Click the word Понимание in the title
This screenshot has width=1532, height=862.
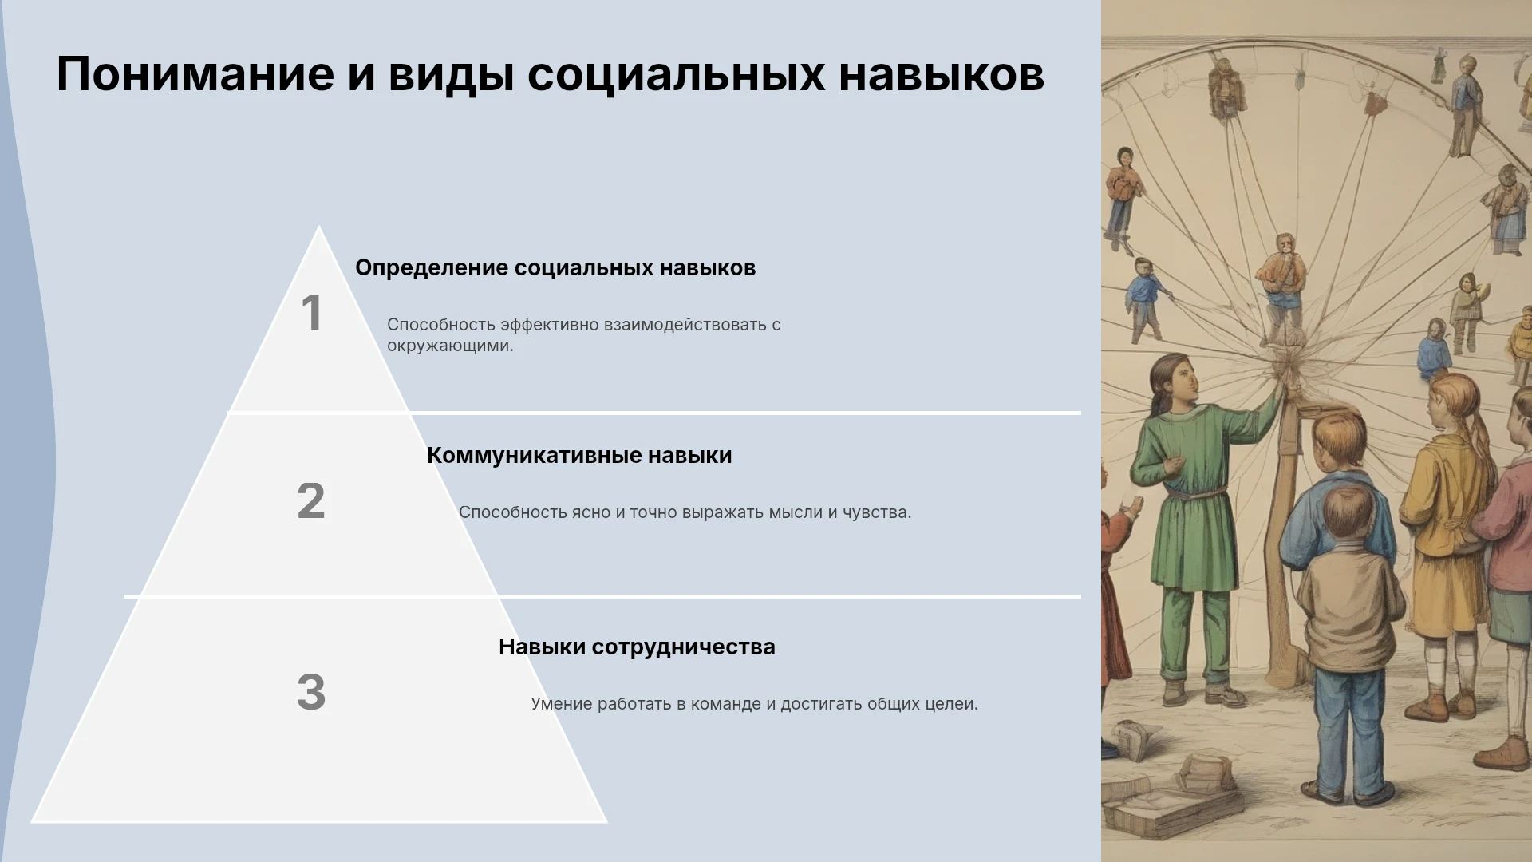pos(195,75)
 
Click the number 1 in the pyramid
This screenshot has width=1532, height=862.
pos(311,313)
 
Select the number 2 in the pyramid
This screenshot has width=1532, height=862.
pos(311,500)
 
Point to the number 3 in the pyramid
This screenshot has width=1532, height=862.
pos(311,691)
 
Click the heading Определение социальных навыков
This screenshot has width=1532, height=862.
pos(555,268)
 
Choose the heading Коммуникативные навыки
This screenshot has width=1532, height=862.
pos(579,455)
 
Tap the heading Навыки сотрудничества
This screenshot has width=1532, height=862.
pos(637,646)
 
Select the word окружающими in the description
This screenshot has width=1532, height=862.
pos(450,346)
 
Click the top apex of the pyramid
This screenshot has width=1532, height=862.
pos(319,227)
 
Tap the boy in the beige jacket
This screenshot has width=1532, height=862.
pos(1347,639)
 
